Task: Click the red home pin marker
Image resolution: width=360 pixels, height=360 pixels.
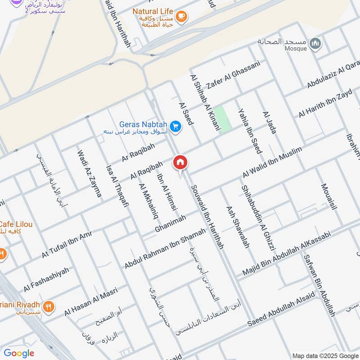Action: pos(180,162)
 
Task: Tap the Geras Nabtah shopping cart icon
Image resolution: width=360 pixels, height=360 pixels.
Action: pos(176,127)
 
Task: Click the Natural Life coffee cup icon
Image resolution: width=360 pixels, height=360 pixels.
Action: pos(181,17)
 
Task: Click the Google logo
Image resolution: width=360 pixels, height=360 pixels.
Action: pos(19,353)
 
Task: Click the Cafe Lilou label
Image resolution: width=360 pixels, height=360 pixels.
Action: pos(16,225)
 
